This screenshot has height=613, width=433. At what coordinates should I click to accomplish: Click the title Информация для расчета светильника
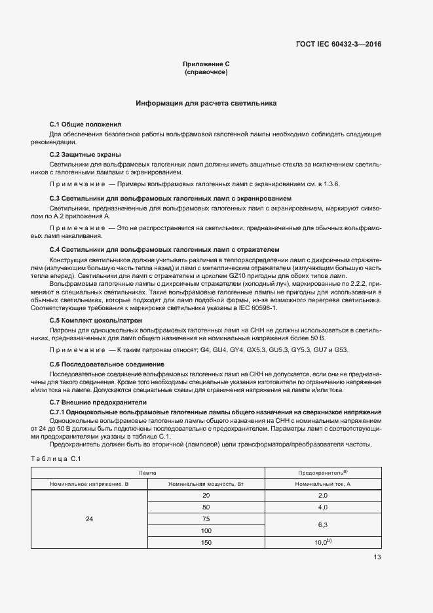coord(206,104)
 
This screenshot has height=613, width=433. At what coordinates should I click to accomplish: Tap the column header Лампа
coord(147,473)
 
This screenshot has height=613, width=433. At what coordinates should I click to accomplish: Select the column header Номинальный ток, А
coord(322,484)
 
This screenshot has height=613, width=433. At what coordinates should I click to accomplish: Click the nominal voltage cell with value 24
coord(90,519)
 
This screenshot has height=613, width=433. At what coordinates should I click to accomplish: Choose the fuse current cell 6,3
coord(322,525)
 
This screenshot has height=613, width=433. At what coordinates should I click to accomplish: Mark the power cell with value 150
coord(206,543)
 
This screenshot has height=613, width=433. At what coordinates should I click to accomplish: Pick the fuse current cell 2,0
coord(322,496)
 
